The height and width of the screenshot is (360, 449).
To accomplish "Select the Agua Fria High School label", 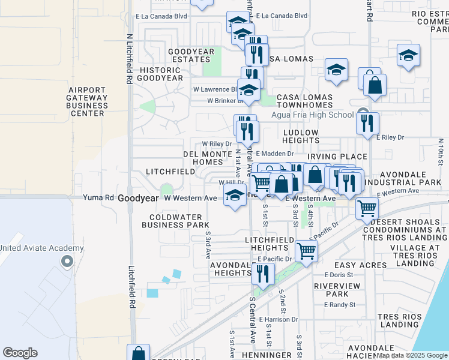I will tap(312, 115).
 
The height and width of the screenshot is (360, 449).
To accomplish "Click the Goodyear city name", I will tap(137, 198).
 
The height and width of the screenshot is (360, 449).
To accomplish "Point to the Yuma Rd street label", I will tap(98, 197).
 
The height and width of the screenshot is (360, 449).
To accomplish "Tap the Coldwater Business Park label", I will tap(175, 221).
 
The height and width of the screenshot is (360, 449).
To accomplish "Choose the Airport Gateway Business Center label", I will tap(88, 101).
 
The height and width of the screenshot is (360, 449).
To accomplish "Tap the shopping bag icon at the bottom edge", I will tap(139, 353).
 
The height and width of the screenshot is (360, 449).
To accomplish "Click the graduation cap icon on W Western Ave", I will tap(235, 194).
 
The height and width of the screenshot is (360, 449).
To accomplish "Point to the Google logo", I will tap(20, 353).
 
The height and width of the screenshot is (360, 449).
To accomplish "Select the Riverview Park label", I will tap(331, 290).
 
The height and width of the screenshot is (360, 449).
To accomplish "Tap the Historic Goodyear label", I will tap(160, 74).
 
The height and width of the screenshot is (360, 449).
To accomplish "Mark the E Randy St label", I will tap(340, 305).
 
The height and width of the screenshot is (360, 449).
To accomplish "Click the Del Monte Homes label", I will tap(203, 158).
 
